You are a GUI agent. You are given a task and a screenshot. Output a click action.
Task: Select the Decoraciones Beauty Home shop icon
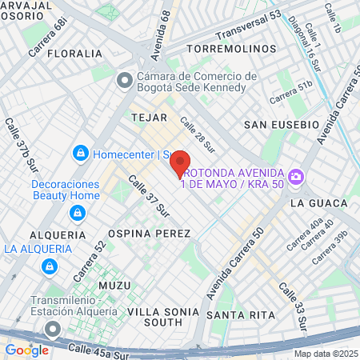pos(77,213)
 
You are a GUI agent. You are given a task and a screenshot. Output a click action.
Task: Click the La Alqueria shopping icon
pos(50,266)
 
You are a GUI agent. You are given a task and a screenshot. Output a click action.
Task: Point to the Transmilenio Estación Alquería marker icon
pos(53,329)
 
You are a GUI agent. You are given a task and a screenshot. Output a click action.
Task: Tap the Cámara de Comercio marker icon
pos(124,80)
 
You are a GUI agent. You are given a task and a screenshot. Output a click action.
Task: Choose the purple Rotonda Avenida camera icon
pos(295,175)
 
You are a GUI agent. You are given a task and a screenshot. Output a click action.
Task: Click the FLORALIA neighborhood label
pos(74,54)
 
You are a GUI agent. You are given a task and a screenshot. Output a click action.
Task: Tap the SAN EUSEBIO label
pos(281,125)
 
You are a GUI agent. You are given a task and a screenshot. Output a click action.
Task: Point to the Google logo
pos(26,350)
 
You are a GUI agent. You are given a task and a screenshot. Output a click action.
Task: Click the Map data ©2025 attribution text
pos(325,354)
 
